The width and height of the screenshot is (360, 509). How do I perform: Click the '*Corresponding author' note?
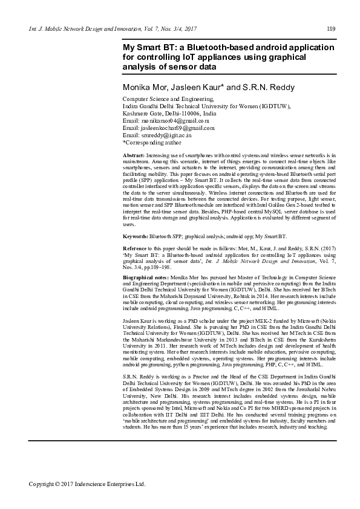152,143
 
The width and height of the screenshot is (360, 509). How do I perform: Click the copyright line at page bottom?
88,484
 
